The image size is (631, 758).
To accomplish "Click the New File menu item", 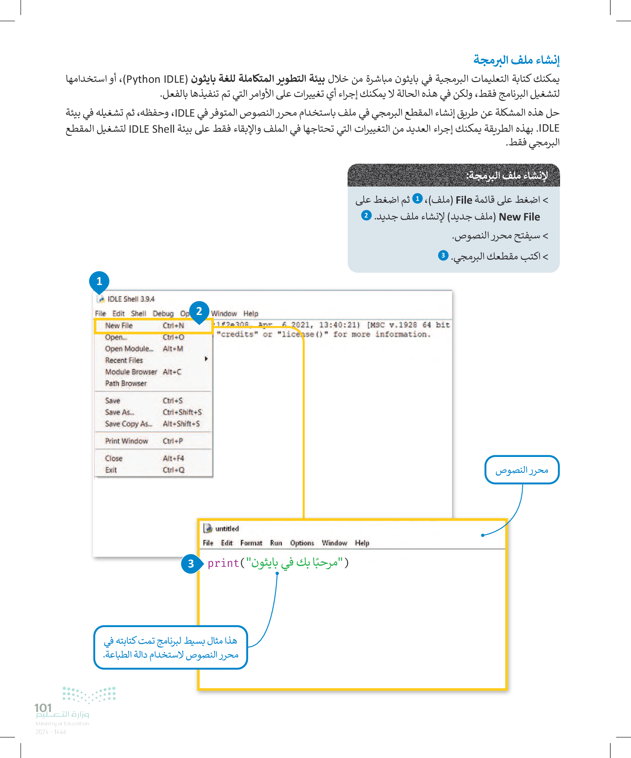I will click(x=119, y=326).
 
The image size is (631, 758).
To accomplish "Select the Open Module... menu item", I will click(x=129, y=349).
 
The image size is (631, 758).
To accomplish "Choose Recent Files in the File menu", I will click(x=124, y=360).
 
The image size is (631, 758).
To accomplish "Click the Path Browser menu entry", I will click(x=125, y=383).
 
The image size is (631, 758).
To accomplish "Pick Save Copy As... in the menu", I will click(x=128, y=424).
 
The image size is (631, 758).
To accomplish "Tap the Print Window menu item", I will click(x=126, y=441).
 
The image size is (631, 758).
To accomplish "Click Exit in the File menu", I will click(x=111, y=470).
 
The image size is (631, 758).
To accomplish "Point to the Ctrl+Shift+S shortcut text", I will click(x=182, y=412).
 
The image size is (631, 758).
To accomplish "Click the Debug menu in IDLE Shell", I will click(x=163, y=314).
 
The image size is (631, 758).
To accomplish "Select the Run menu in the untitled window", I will click(x=276, y=543).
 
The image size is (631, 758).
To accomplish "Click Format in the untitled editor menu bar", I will click(x=251, y=543).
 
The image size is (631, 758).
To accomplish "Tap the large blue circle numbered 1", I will click(x=99, y=281).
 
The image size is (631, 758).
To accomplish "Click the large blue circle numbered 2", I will click(x=199, y=311).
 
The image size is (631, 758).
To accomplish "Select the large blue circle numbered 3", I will click(x=191, y=564).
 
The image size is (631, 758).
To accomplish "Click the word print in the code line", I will click(x=223, y=563).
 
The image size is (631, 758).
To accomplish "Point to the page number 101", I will click(x=43, y=708).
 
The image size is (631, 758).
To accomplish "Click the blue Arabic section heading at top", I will click(x=516, y=60).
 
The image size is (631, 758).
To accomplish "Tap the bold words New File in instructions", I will click(x=519, y=217).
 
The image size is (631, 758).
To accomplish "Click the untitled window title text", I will click(x=227, y=528).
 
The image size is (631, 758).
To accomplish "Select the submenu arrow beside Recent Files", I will click(x=206, y=359).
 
